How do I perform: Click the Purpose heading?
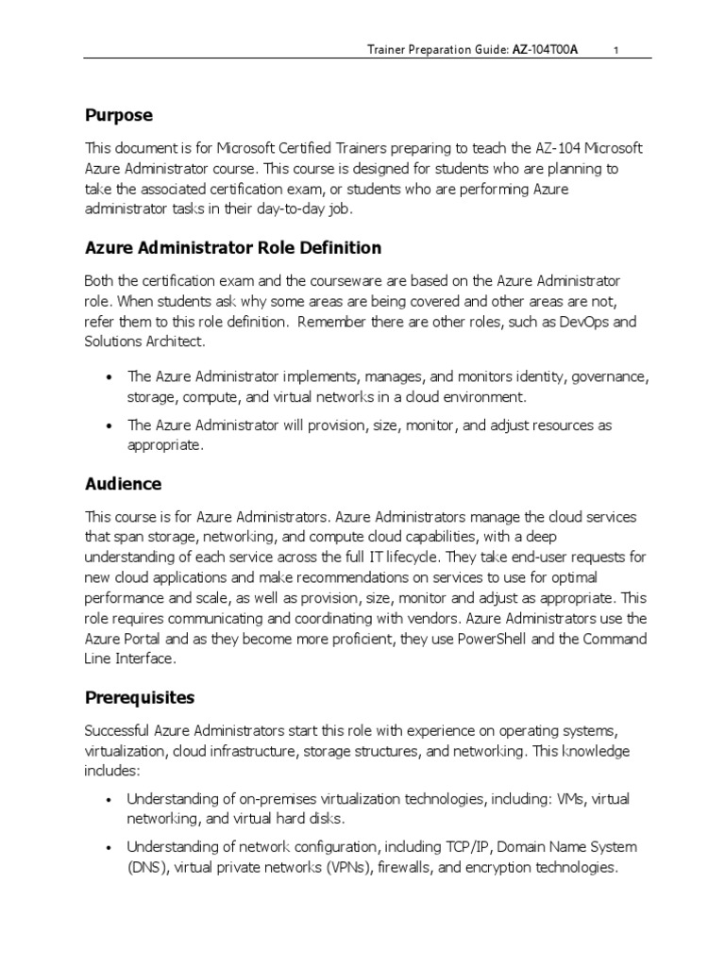coord(118,115)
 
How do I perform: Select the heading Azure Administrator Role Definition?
coord(233,248)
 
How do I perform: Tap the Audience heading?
coord(123,484)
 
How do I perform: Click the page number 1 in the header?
coord(615,51)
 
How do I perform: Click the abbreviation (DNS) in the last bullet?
coord(146,867)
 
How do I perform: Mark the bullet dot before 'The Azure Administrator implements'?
coord(111,377)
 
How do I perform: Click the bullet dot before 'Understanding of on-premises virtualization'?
coord(111,800)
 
